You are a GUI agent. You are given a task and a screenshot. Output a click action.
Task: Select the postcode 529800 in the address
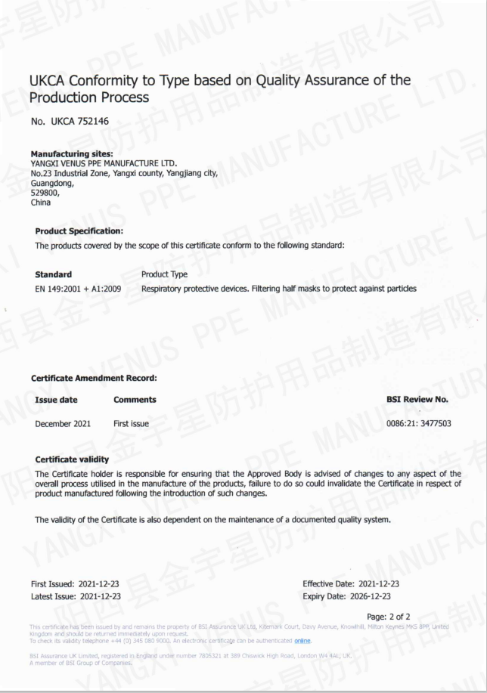point(44,193)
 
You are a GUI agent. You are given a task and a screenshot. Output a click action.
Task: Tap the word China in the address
point(41,203)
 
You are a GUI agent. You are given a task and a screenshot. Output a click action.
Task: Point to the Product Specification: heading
point(79,230)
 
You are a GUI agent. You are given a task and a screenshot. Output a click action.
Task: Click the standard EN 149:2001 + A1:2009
point(78,289)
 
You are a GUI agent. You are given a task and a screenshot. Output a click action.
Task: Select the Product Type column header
point(164,274)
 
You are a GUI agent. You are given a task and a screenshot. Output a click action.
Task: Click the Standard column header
point(54,274)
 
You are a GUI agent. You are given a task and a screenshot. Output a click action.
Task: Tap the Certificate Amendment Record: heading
point(94,378)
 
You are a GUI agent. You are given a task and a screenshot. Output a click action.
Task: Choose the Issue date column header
point(56,399)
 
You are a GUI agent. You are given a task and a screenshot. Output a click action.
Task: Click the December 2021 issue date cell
point(63,423)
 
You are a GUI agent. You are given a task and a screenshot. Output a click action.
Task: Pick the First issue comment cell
point(131,423)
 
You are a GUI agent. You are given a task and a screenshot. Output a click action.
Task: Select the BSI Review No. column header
point(417,399)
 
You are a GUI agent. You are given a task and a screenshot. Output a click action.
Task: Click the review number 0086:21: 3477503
point(418,423)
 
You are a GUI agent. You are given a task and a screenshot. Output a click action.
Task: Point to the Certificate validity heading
point(72,459)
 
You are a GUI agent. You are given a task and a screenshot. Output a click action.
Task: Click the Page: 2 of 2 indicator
point(388,617)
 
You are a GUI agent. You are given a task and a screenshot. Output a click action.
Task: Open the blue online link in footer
point(302,641)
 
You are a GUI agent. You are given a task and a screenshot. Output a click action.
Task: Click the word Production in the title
point(63,97)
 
